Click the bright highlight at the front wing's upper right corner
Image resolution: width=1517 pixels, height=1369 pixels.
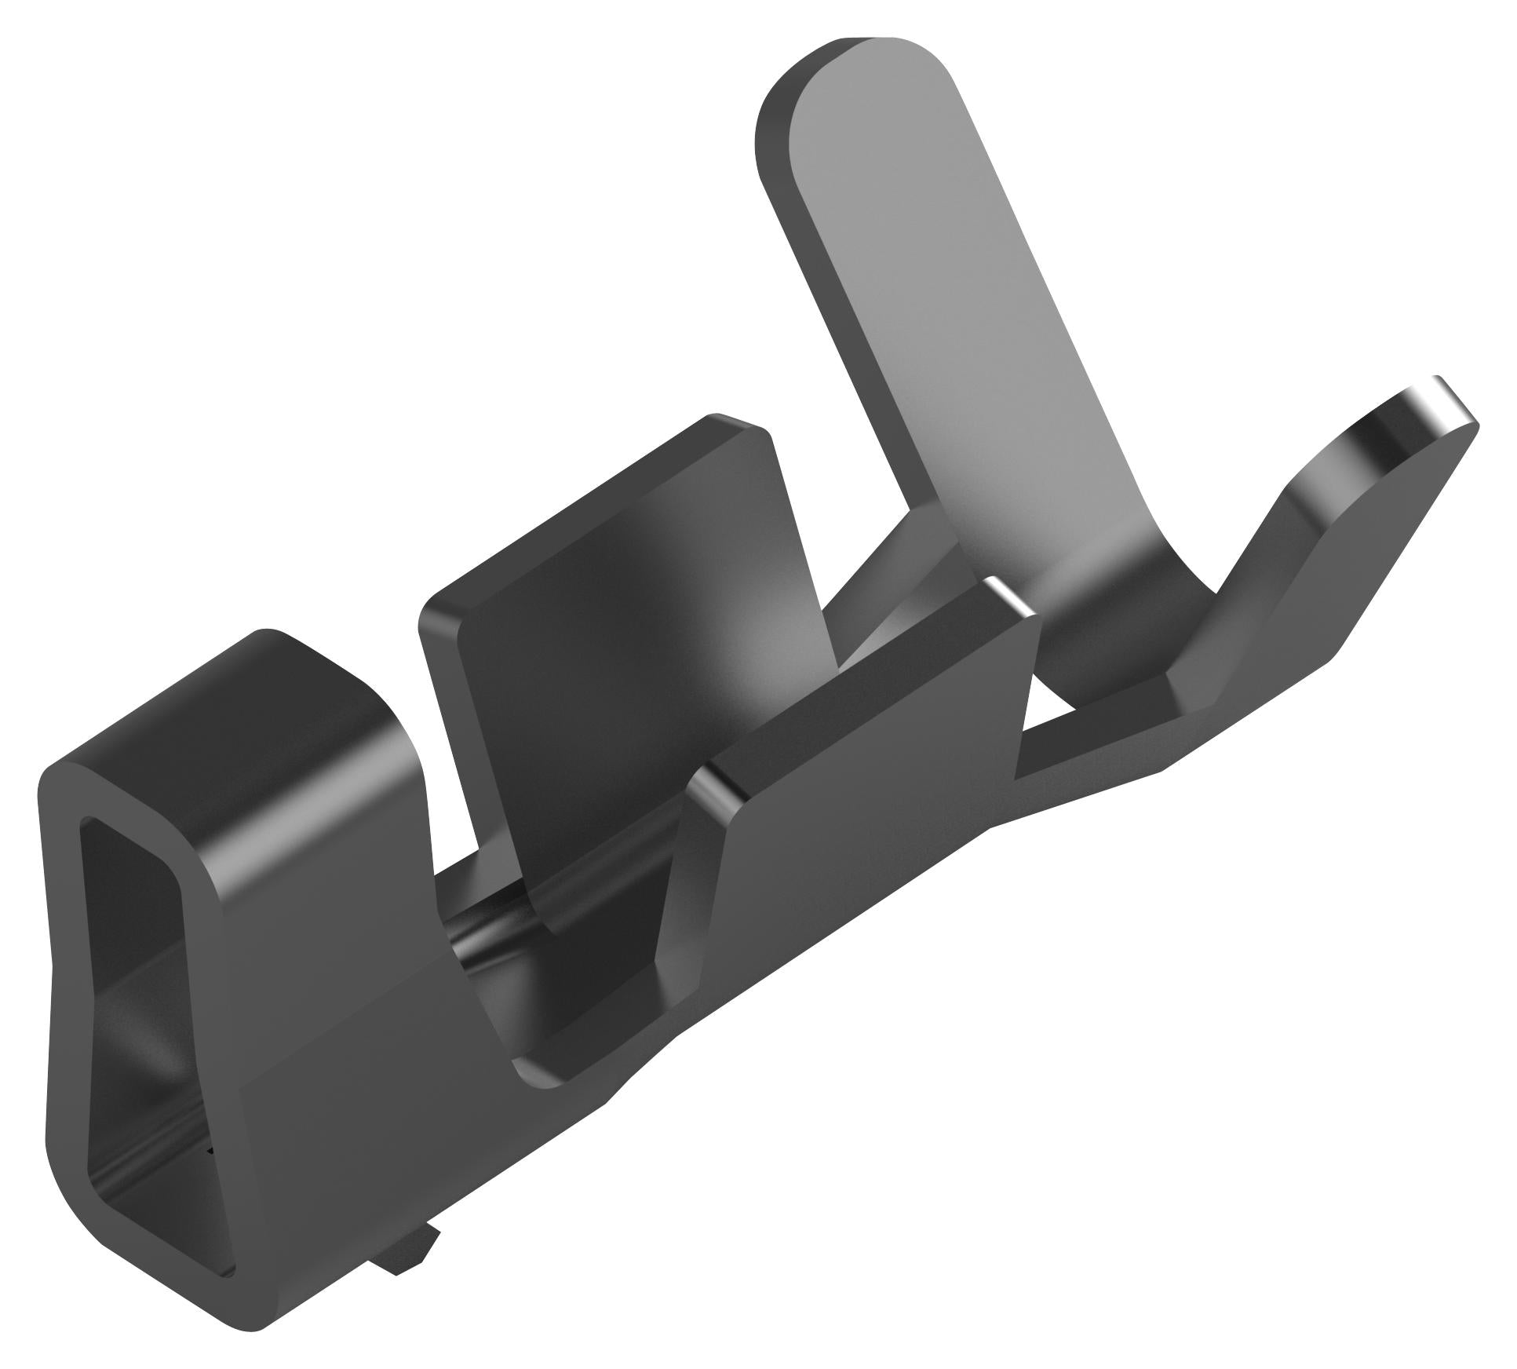(x=1012, y=597)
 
